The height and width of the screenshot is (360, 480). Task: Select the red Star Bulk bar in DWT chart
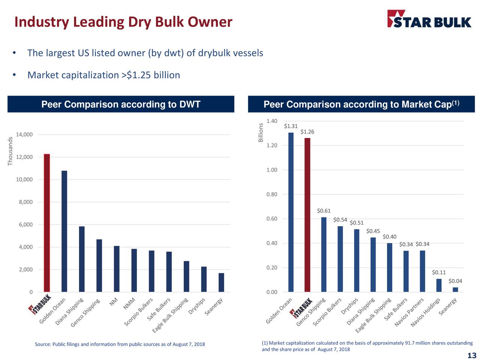47,223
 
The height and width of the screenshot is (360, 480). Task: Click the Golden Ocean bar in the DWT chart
64,231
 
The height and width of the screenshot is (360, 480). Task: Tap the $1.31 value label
291,126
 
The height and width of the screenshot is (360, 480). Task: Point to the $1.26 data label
307,132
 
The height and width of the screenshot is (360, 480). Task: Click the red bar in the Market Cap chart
307,214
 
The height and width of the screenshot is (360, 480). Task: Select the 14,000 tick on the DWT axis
24,135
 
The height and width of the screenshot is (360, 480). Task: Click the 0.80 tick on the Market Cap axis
272,194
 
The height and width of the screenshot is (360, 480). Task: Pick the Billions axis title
261,133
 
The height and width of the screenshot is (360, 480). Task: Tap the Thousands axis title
10,151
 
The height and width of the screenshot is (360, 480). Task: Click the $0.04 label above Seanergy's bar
455,281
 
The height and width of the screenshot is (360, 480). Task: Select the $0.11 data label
439,273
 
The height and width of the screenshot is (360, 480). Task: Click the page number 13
472,355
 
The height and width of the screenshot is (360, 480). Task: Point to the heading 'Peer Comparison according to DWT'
121,104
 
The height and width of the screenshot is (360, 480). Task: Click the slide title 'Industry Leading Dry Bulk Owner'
123,22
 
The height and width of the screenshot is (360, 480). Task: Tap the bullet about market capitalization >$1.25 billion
103,75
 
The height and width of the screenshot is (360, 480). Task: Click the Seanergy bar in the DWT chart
221,282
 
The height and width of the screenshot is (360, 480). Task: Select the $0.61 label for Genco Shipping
324,211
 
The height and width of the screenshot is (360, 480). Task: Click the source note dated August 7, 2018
120,344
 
